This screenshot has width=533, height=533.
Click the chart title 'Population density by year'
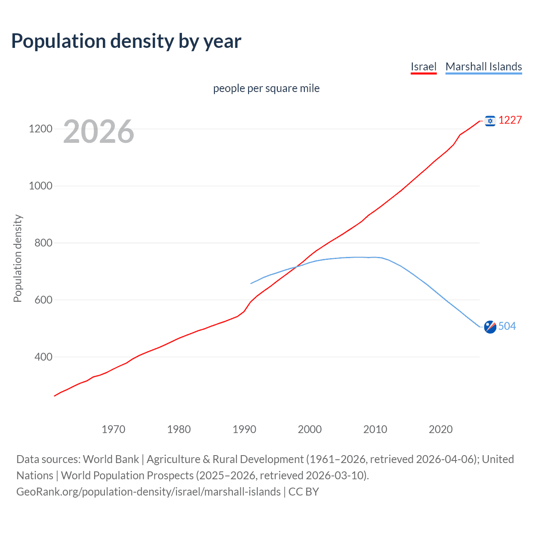point(126,41)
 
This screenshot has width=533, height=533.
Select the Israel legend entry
point(423,67)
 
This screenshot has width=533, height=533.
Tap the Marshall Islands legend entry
point(483,67)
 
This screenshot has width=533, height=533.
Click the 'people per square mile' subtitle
point(266,88)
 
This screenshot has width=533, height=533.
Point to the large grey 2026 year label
point(99,132)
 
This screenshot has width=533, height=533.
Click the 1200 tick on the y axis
point(40,129)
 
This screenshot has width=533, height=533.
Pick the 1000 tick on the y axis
point(40,186)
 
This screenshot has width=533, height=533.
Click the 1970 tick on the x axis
point(113,429)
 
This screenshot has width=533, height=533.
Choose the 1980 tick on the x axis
point(179,429)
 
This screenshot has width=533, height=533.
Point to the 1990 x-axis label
point(244,429)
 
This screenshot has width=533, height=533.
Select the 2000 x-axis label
point(310,429)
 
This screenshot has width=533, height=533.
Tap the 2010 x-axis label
point(375,429)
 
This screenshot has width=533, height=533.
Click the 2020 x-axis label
point(441,429)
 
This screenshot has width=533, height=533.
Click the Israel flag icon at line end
point(490,121)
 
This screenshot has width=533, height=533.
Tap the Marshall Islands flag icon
point(490,327)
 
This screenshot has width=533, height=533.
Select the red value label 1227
point(510,120)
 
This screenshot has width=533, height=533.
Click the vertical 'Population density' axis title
point(17,258)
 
